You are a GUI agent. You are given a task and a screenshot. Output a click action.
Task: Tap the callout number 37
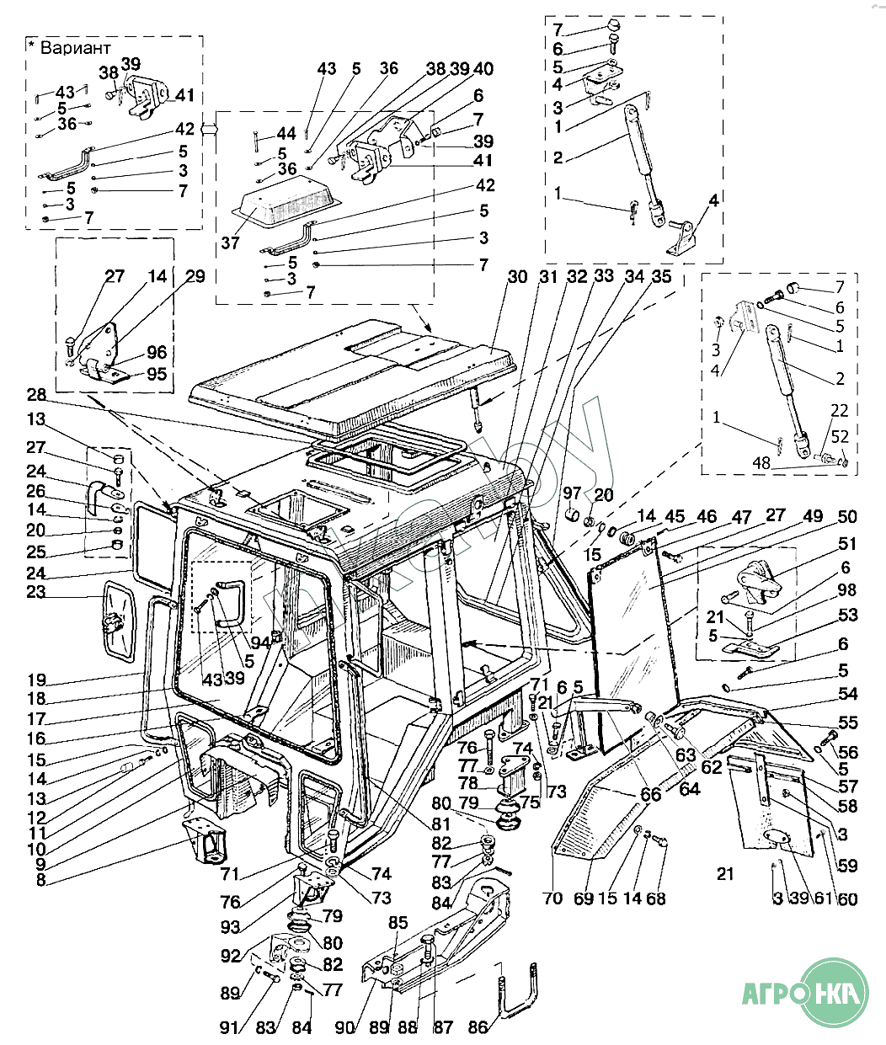click(231, 243)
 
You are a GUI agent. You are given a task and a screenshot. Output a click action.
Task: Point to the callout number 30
click(518, 277)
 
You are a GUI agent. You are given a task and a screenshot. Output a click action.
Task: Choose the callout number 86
click(478, 1027)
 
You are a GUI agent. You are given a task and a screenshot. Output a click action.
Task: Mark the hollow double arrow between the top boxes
click(209, 128)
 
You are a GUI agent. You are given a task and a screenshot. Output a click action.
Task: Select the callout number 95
click(157, 374)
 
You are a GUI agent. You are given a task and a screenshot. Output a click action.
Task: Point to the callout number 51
click(846, 544)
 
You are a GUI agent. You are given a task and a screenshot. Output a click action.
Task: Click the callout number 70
click(552, 898)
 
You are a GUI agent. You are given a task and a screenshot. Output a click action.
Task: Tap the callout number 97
click(573, 493)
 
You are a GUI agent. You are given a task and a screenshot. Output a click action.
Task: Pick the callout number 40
click(484, 69)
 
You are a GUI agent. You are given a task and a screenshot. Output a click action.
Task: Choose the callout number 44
click(286, 134)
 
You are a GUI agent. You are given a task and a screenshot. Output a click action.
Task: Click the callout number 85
click(398, 923)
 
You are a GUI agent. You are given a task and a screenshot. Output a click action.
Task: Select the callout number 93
click(230, 927)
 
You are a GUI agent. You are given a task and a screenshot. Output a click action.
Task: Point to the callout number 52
click(839, 437)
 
